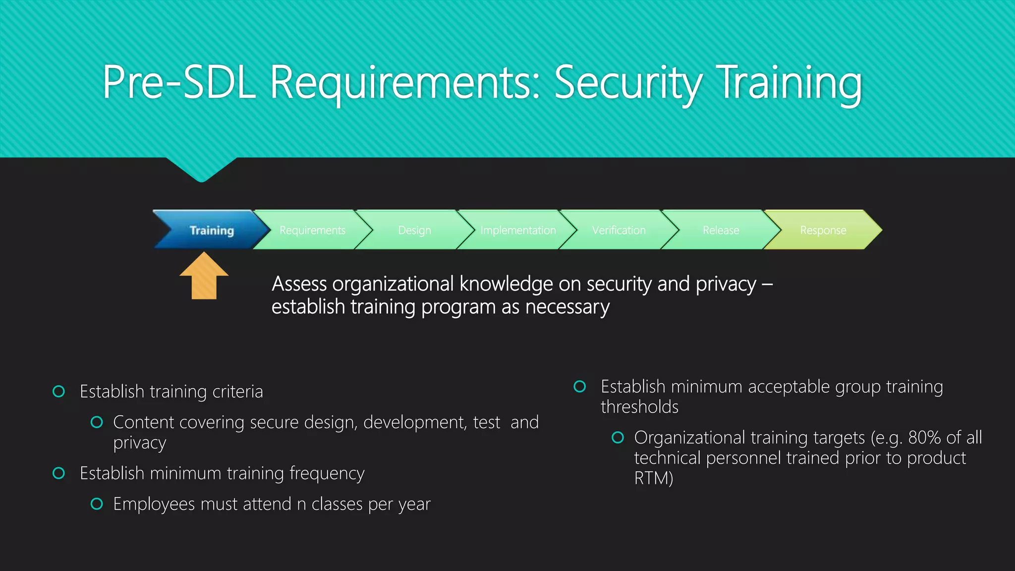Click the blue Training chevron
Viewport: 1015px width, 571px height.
pos(212,230)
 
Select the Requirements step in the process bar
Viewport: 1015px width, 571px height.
pos(312,230)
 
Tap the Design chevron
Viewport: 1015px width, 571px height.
pos(414,230)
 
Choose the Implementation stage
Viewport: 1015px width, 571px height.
pos(518,230)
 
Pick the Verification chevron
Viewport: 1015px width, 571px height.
pos(619,230)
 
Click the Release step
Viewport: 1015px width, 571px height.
pos(721,230)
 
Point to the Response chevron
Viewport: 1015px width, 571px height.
pos(823,230)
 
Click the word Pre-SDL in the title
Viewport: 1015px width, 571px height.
pos(179,82)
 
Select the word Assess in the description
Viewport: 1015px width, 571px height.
pos(299,284)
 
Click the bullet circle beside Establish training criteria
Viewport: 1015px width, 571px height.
pos(58,392)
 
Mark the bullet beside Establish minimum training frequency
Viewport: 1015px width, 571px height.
pos(58,473)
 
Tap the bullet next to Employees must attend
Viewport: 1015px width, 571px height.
pos(97,504)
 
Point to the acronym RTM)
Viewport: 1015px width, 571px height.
pos(654,478)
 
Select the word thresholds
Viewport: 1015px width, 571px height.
pos(639,407)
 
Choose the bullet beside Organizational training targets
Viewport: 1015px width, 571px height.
pos(618,438)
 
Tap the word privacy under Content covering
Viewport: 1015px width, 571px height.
pos(139,443)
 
